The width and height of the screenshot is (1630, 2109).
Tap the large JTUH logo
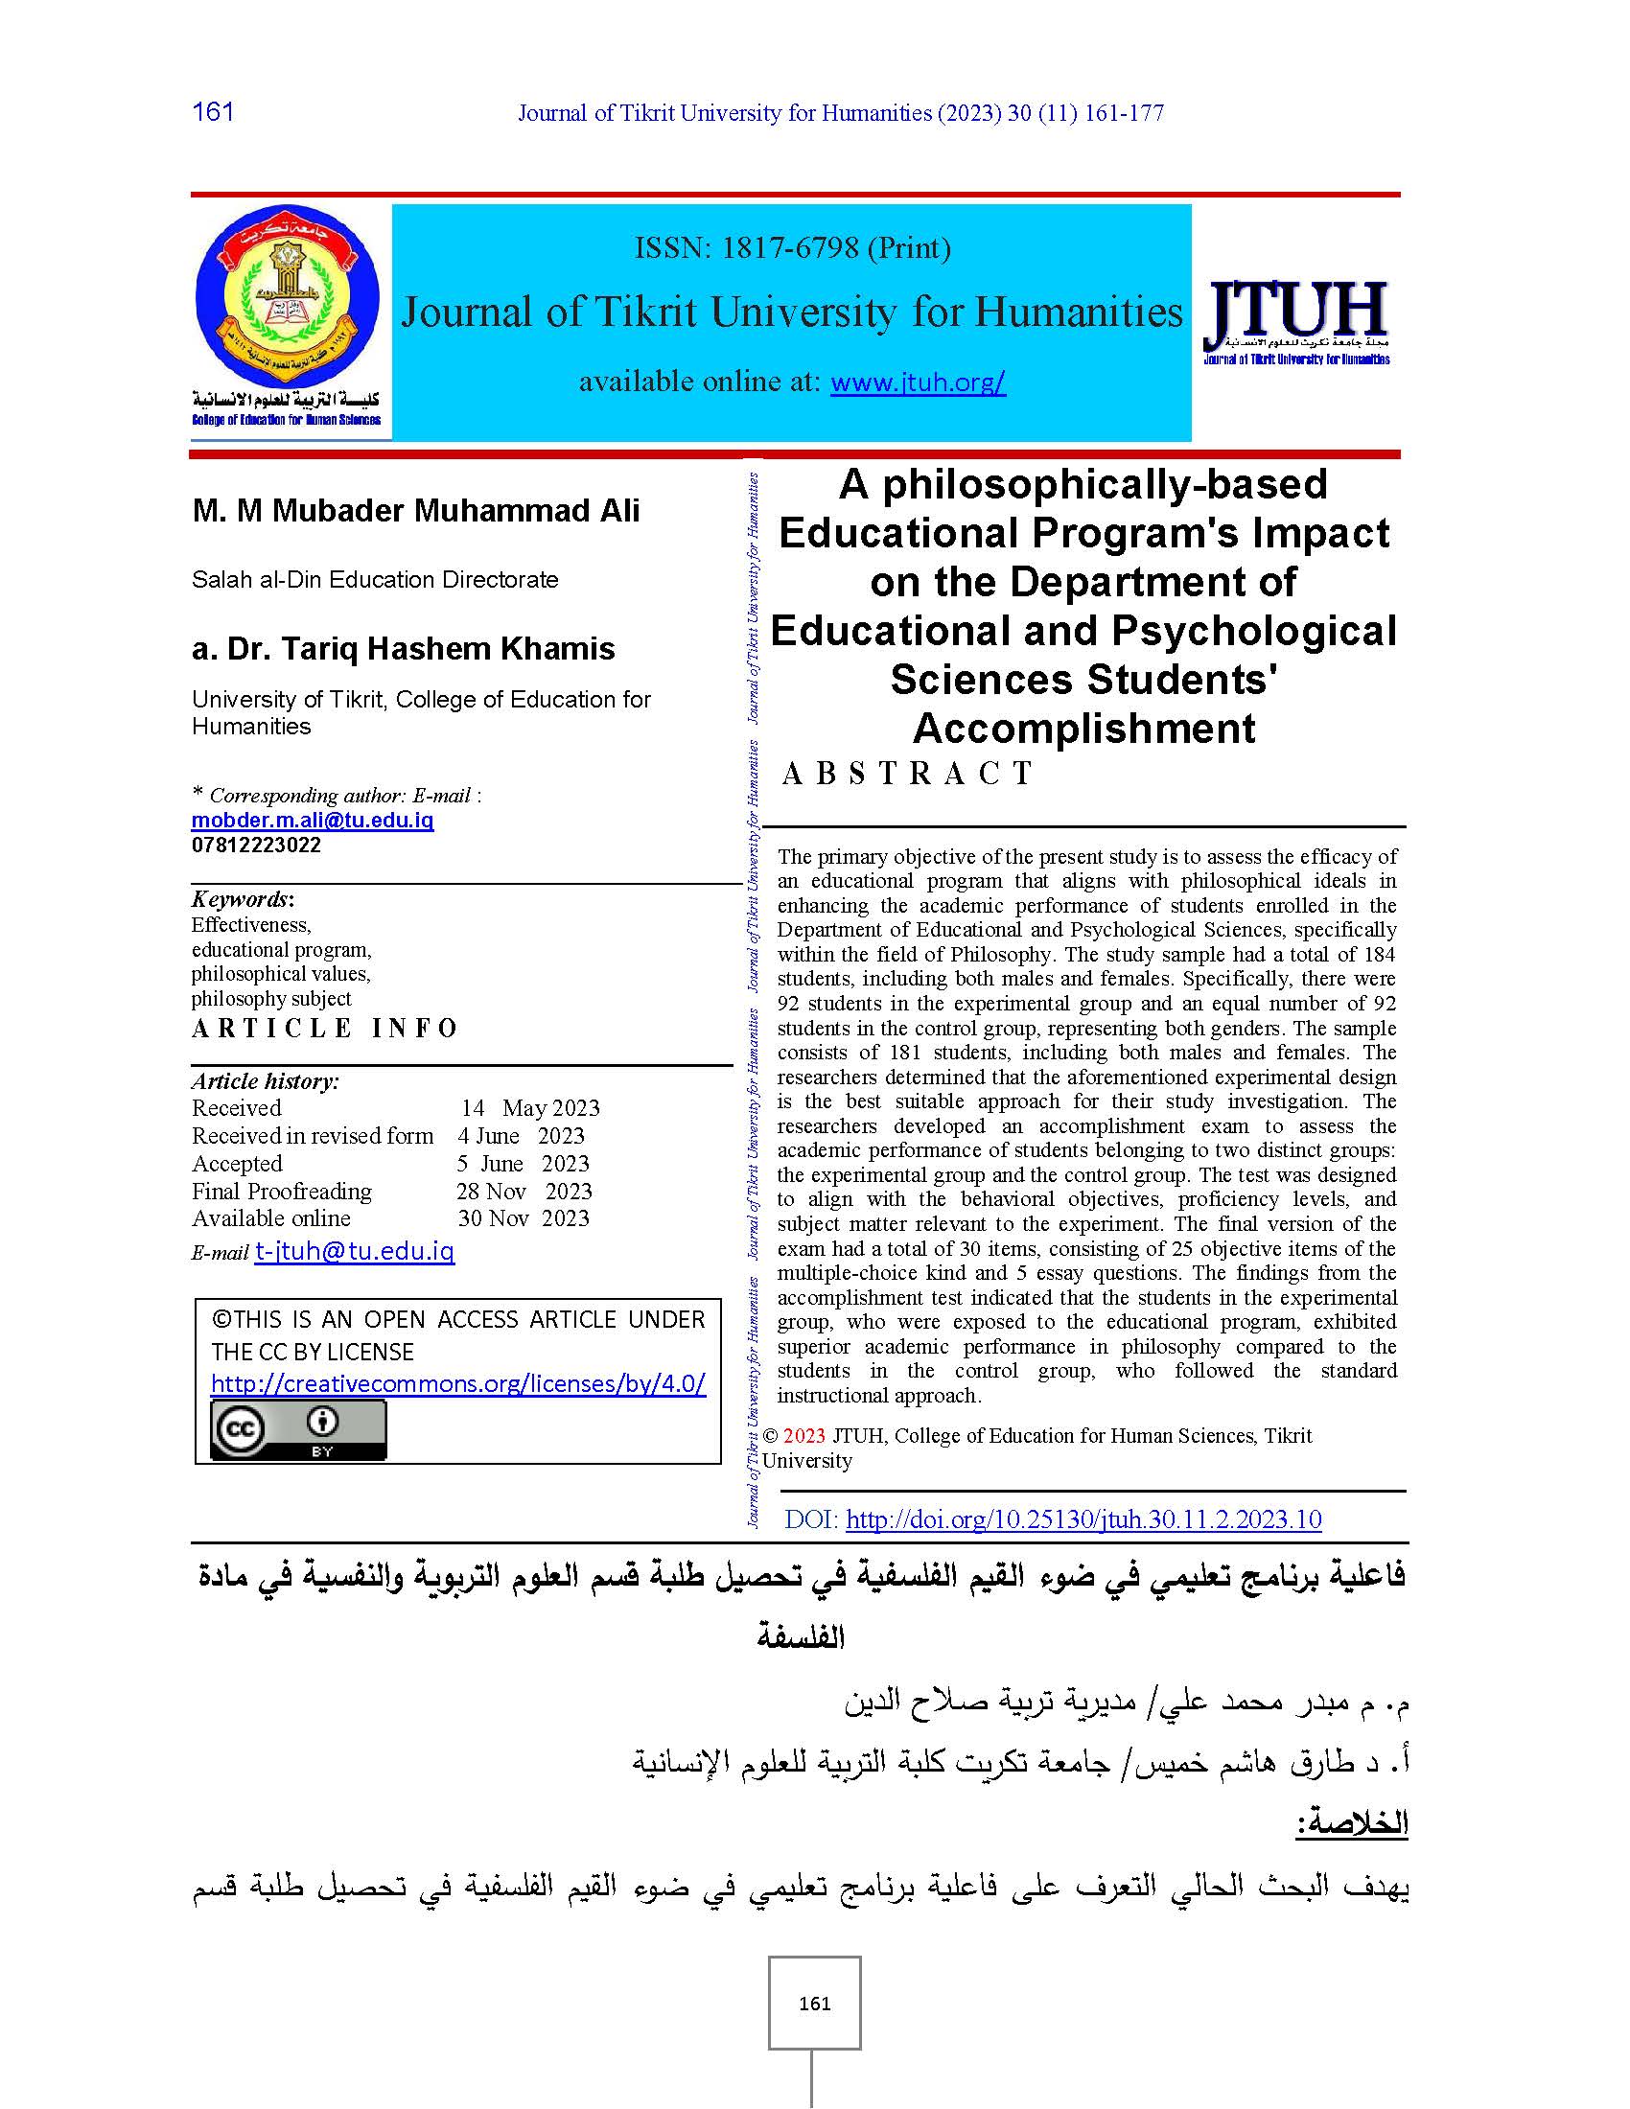click(1296, 313)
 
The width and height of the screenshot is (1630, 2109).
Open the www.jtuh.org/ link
click(918, 382)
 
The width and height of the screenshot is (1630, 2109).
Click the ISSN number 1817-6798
click(790, 248)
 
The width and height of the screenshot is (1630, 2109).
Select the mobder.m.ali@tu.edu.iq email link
click(312, 820)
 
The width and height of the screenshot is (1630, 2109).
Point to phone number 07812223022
click(256, 845)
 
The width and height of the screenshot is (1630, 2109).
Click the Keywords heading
click(242, 899)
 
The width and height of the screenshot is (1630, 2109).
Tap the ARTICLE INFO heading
click(324, 1028)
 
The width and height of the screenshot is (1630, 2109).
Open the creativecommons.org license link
click(457, 1382)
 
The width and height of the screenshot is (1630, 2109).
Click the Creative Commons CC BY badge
click(298, 1430)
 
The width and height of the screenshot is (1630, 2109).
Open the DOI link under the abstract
click(1083, 1519)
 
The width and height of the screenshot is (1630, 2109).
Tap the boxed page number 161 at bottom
click(814, 2004)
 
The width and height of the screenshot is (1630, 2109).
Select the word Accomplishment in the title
click(1083, 729)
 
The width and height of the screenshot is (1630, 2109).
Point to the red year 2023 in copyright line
click(804, 1436)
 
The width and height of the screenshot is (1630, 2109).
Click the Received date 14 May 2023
click(530, 1107)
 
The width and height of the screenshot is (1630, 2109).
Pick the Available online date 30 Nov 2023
click(524, 1217)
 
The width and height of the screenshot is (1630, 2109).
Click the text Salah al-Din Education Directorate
click(375, 579)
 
